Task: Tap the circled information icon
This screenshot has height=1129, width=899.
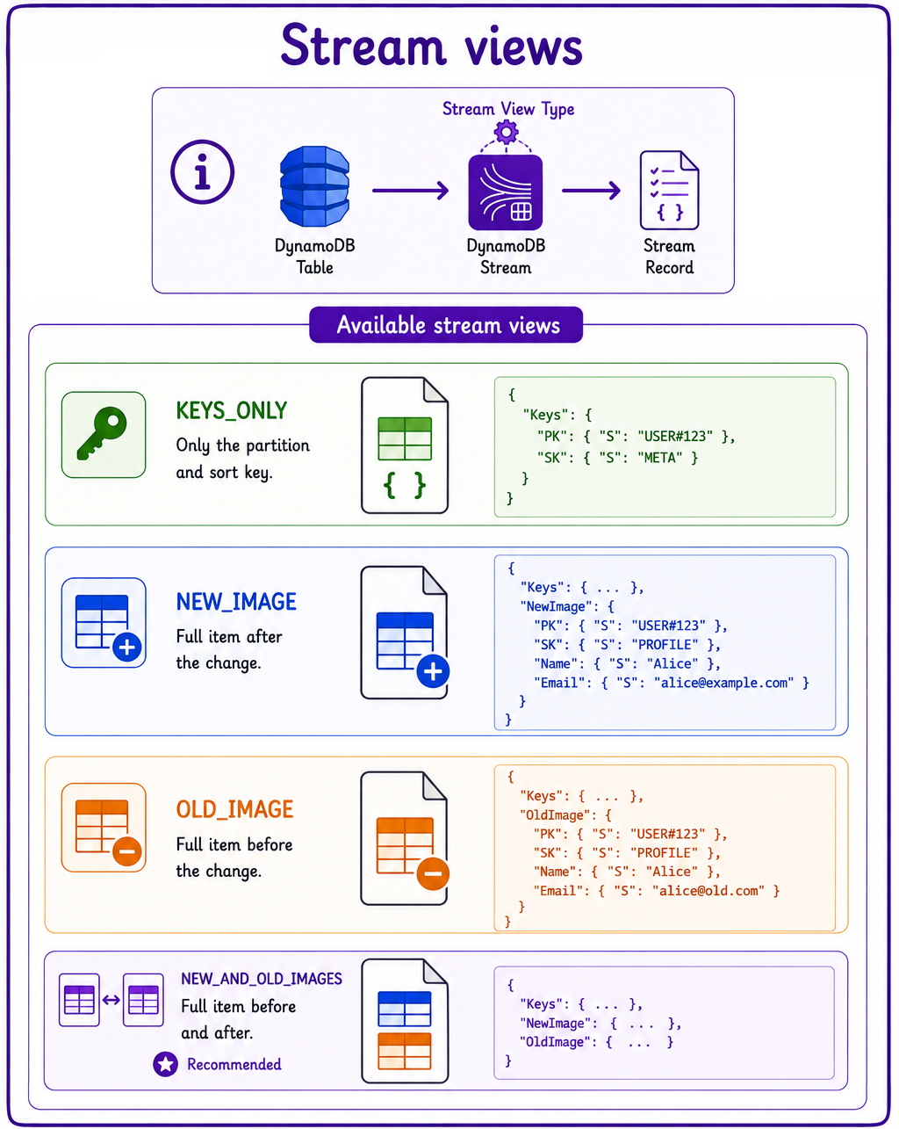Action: [x=202, y=171]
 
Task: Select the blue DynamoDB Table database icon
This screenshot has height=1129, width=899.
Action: [x=314, y=186]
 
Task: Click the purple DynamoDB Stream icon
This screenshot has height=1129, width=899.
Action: [x=506, y=192]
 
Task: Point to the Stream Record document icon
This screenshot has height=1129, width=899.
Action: [x=669, y=190]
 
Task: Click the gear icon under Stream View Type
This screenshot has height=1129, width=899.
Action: [x=506, y=132]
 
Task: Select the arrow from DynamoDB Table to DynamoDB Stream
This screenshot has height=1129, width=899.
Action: [x=411, y=190]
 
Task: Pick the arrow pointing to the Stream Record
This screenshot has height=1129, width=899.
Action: [x=592, y=190]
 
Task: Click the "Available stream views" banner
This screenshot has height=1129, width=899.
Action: [x=446, y=325]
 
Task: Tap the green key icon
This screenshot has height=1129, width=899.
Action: [x=103, y=433]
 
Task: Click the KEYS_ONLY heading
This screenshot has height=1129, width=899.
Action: [x=232, y=410]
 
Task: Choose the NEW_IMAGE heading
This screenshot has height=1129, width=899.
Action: [x=236, y=601]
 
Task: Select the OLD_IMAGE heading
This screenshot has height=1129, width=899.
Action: [x=234, y=809]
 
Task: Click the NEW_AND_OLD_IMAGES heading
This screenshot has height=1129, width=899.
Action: [x=262, y=979]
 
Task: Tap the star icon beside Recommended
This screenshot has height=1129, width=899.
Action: [x=166, y=1064]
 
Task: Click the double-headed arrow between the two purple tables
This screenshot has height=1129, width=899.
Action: [x=111, y=1000]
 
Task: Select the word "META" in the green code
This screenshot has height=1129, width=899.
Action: [x=660, y=458]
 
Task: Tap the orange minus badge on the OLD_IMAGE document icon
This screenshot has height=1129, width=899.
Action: [x=433, y=873]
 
